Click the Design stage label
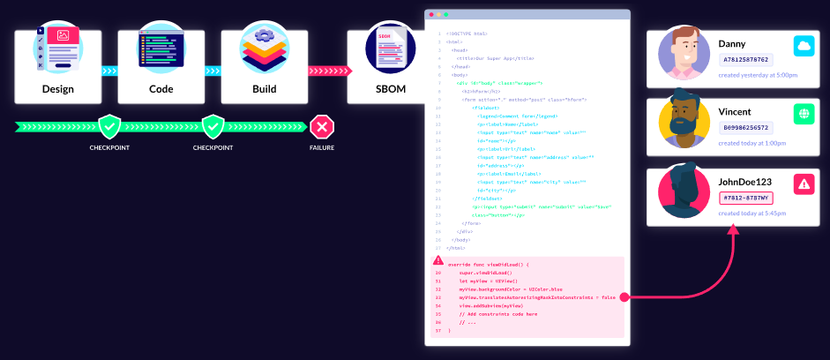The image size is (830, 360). (58, 89)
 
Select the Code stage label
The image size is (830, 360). (161, 89)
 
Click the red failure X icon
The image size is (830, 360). (321, 128)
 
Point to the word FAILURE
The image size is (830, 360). (321, 147)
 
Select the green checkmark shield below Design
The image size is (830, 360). (109, 128)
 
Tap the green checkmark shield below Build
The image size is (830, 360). (213, 128)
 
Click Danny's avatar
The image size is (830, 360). (684, 54)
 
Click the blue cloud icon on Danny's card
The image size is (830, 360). (803, 45)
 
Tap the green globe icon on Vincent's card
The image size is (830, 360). (803, 114)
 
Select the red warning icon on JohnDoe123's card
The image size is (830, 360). (803, 184)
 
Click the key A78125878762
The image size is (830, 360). (745, 60)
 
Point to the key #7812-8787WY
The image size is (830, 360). (744, 198)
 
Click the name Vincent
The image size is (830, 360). (735, 112)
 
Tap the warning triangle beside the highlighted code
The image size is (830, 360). (438, 261)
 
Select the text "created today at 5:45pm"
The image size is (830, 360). (752, 214)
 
